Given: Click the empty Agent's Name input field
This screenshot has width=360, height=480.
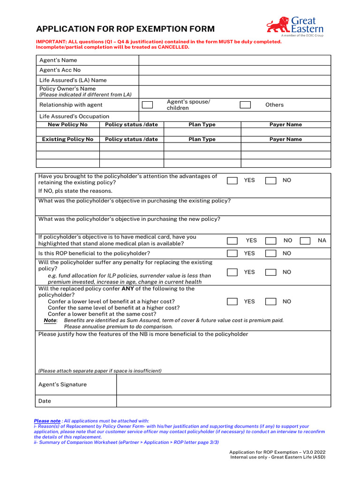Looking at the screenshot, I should click(x=234, y=60).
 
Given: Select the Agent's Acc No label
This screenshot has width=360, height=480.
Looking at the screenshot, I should click(x=60, y=70).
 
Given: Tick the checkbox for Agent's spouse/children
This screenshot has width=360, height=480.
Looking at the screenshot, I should click(x=147, y=105).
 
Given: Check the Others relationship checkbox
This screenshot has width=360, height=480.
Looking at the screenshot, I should click(x=245, y=105).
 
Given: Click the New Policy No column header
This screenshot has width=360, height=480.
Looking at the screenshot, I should click(x=67, y=125).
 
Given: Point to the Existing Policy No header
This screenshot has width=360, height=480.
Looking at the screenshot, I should click(x=67, y=139).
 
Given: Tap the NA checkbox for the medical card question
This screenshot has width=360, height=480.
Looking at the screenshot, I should click(x=305, y=240).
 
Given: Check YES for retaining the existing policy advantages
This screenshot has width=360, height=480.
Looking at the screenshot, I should click(x=232, y=180).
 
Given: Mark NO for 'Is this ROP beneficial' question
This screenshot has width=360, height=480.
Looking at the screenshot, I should click(x=270, y=254).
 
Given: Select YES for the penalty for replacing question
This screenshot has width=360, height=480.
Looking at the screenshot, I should click(x=232, y=272).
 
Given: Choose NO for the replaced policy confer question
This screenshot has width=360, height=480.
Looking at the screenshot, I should click(x=270, y=302).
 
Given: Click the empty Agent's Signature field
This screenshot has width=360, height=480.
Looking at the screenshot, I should click(x=223, y=384).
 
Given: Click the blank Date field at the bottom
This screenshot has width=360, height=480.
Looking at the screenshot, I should click(x=223, y=401).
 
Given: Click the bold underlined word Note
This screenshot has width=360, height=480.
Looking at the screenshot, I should click(x=50, y=321).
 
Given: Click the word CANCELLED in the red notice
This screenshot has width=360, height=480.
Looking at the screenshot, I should click(x=173, y=47).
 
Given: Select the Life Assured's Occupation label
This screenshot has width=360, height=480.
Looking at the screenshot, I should click(x=74, y=116).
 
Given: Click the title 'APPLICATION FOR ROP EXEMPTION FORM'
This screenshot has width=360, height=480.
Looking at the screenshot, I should click(x=126, y=29).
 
